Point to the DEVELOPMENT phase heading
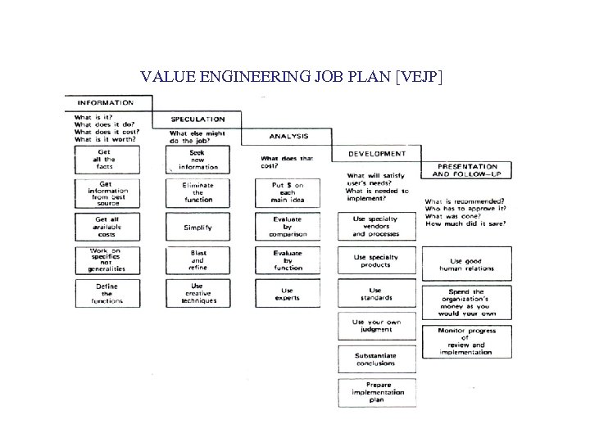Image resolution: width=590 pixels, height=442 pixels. (x=376, y=153)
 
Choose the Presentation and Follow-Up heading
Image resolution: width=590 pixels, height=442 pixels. (x=465, y=170)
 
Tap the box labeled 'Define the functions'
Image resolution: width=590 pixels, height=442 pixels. (x=107, y=293)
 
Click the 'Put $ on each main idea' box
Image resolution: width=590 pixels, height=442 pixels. (x=288, y=193)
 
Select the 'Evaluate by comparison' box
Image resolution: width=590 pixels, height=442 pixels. (x=288, y=226)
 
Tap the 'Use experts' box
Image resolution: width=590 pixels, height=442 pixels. (x=288, y=293)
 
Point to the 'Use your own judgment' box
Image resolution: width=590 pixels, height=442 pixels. (x=376, y=327)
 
